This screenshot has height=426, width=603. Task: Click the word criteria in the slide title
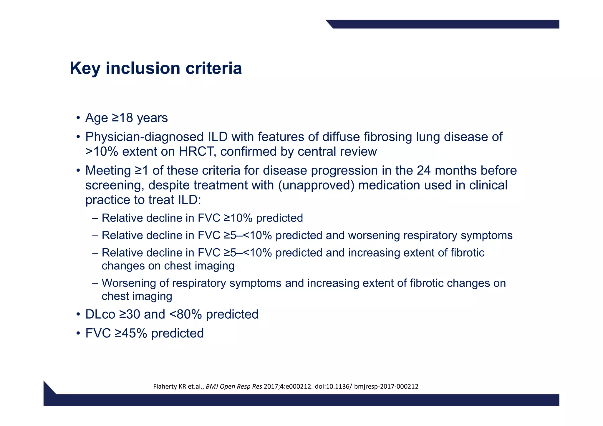[213, 68]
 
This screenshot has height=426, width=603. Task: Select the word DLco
[100, 314]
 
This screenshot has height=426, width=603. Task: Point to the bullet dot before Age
[78, 118]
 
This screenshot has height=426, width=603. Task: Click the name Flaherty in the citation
[165, 386]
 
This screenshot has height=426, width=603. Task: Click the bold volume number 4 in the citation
[282, 386]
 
